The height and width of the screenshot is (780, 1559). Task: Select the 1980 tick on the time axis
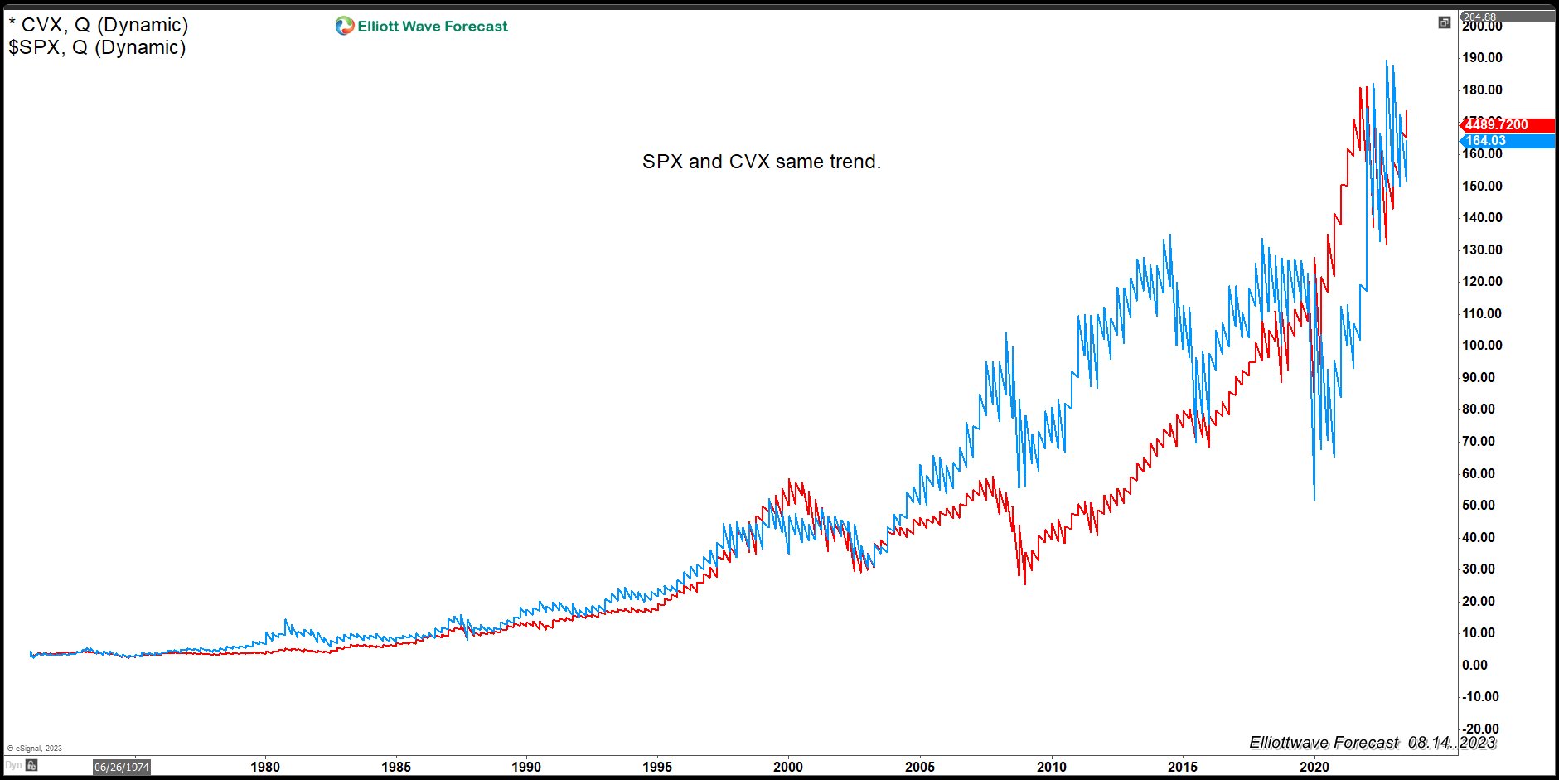[265, 767]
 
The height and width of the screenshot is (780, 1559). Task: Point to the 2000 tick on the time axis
[788, 767]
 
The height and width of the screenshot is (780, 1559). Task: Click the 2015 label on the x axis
[1183, 767]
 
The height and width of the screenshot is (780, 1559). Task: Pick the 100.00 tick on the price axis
[1482, 346]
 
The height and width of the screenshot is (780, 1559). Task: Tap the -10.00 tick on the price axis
[1480, 697]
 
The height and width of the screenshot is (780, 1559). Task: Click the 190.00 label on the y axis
[1482, 58]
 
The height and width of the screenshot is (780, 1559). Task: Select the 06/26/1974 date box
[121, 767]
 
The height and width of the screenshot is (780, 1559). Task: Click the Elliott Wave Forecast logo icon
[345, 27]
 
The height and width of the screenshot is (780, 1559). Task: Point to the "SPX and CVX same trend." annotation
[761, 162]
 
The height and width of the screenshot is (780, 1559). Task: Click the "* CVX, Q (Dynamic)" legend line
[99, 26]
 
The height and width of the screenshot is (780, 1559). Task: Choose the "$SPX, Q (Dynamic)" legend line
[97, 48]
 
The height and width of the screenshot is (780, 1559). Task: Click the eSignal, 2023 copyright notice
[35, 748]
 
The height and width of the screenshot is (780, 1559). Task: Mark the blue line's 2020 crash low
[1314, 499]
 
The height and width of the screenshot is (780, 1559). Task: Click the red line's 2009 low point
[1025, 584]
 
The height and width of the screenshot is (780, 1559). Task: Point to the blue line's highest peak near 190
[1387, 61]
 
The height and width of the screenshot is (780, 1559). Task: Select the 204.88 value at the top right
[1479, 17]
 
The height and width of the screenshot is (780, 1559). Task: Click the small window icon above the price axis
[1445, 22]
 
